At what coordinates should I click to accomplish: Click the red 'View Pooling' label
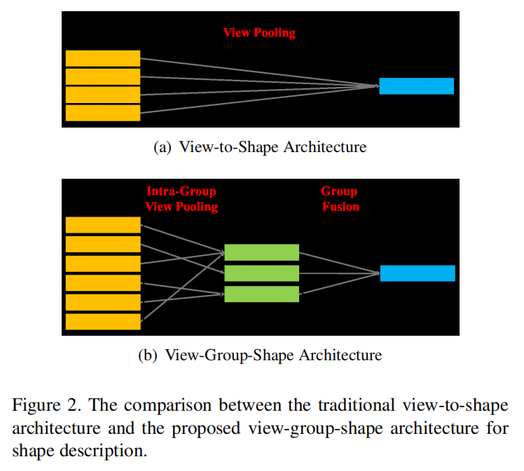(x=259, y=33)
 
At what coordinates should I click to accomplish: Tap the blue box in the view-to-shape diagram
(x=416, y=86)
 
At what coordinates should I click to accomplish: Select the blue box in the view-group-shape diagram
(x=418, y=273)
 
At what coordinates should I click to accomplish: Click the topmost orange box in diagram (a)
(x=102, y=58)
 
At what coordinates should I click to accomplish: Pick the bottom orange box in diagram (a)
(x=102, y=113)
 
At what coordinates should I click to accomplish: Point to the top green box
(x=261, y=252)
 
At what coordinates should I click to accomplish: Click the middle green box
(x=261, y=273)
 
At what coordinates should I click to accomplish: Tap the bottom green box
(x=261, y=294)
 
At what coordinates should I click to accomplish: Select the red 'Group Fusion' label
(x=339, y=199)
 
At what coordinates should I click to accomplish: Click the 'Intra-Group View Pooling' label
(x=181, y=199)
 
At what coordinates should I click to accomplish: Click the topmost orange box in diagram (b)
(x=102, y=225)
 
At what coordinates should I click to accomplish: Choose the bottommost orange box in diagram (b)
(x=102, y=322)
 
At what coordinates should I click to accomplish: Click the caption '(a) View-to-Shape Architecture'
(x=260, y=147)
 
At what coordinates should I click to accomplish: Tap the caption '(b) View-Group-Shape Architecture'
(x=260, y=355)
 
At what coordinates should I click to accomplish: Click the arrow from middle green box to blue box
(x=339, y=273)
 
